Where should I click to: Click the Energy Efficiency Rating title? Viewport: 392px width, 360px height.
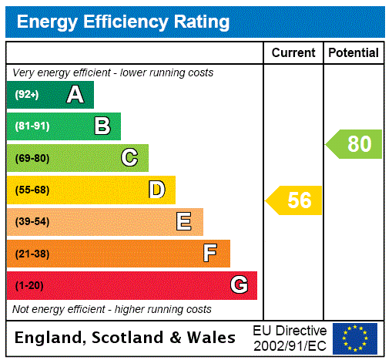(x=123, y=22)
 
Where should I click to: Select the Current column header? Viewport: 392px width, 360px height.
(x=293, y=53)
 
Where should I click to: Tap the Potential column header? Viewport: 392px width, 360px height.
(x=353, y=53)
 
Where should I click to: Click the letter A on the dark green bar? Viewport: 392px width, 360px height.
(x=75, y=95)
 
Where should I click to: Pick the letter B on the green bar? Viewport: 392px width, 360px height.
(x=102, y=126)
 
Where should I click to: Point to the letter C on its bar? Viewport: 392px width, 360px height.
(x=129, y=158)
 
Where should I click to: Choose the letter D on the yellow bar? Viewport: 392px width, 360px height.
(x=156, y=190)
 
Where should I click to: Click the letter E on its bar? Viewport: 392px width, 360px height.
(x=184, y=222)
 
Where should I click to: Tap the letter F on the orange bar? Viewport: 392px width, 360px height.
(x=210, y=254)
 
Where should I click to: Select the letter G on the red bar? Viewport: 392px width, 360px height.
(x=239, y=285)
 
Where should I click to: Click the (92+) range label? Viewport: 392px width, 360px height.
(x=26, y=95)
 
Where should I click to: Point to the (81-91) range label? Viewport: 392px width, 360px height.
(x=32, y=126)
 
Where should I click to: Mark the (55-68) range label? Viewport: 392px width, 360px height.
(x=32, y=190)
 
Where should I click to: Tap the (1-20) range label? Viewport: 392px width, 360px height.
(x=29, y=286)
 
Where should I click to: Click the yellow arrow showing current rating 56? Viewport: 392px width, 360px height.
(x=295, y=200)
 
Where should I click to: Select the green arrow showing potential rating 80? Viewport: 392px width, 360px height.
(x=355, y=144)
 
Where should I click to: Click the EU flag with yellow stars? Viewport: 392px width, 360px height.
(x=355, y=338)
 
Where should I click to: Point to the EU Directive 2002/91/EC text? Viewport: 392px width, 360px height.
(x=290, y=338)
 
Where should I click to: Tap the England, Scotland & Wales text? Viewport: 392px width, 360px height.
(x=126, y=338)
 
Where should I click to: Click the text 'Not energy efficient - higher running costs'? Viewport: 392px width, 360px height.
(x=112, y=309)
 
